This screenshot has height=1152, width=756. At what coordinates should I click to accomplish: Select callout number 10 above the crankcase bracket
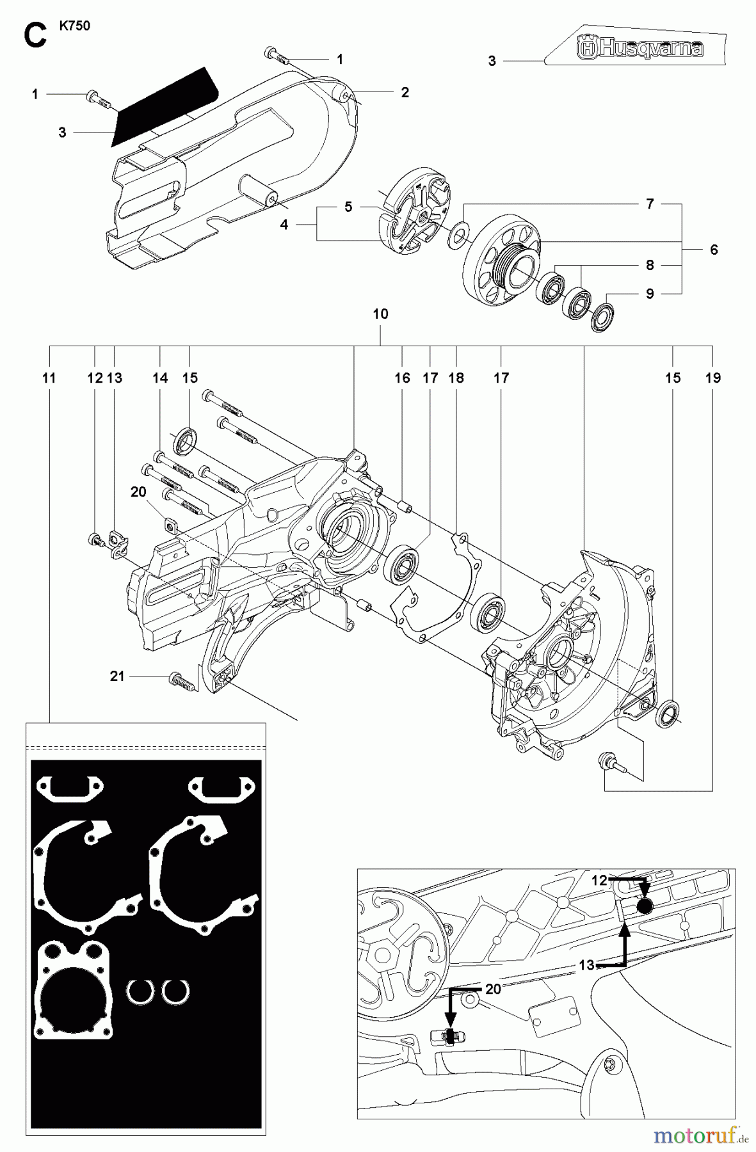point(380,314)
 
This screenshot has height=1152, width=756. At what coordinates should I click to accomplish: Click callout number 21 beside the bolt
point(117,676)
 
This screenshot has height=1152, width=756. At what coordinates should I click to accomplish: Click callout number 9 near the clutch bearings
point(650,294)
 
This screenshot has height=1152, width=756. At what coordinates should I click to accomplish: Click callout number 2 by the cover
point(405,92)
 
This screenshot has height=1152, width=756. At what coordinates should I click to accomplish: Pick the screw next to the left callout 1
point(98,98)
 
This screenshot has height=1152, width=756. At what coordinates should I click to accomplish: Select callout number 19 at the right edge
point(712,378)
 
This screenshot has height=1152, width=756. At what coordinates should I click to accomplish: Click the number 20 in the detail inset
point(493,989)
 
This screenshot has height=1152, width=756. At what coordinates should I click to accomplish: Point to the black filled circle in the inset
point(646,906)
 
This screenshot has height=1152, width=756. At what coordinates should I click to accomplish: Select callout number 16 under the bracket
point(402,378)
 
